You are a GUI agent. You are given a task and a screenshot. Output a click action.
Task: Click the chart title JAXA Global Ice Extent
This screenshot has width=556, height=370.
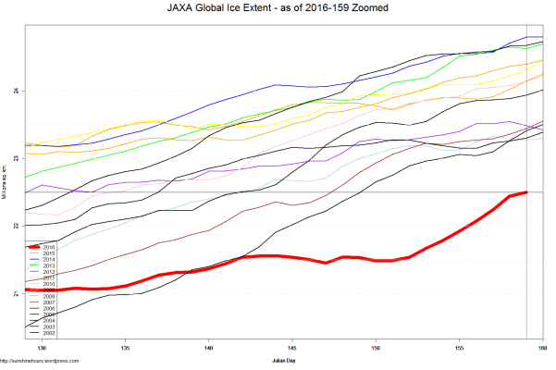point(278,7)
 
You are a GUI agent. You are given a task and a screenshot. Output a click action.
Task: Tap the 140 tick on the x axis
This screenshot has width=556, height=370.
point(208,348)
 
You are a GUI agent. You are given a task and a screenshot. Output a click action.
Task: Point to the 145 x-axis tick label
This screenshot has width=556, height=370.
point(292,348)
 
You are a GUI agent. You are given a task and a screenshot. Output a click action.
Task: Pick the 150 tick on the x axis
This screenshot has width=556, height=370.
point(376,348)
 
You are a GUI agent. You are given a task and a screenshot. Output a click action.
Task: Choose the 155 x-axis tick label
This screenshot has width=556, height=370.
point(459,348)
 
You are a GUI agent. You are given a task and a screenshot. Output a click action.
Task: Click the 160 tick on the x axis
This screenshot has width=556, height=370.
point(542,348)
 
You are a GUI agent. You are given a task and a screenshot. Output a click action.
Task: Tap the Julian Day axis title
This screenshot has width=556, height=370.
point(285,358)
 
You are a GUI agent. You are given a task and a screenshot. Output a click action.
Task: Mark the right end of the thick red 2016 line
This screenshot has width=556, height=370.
point(526,191)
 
